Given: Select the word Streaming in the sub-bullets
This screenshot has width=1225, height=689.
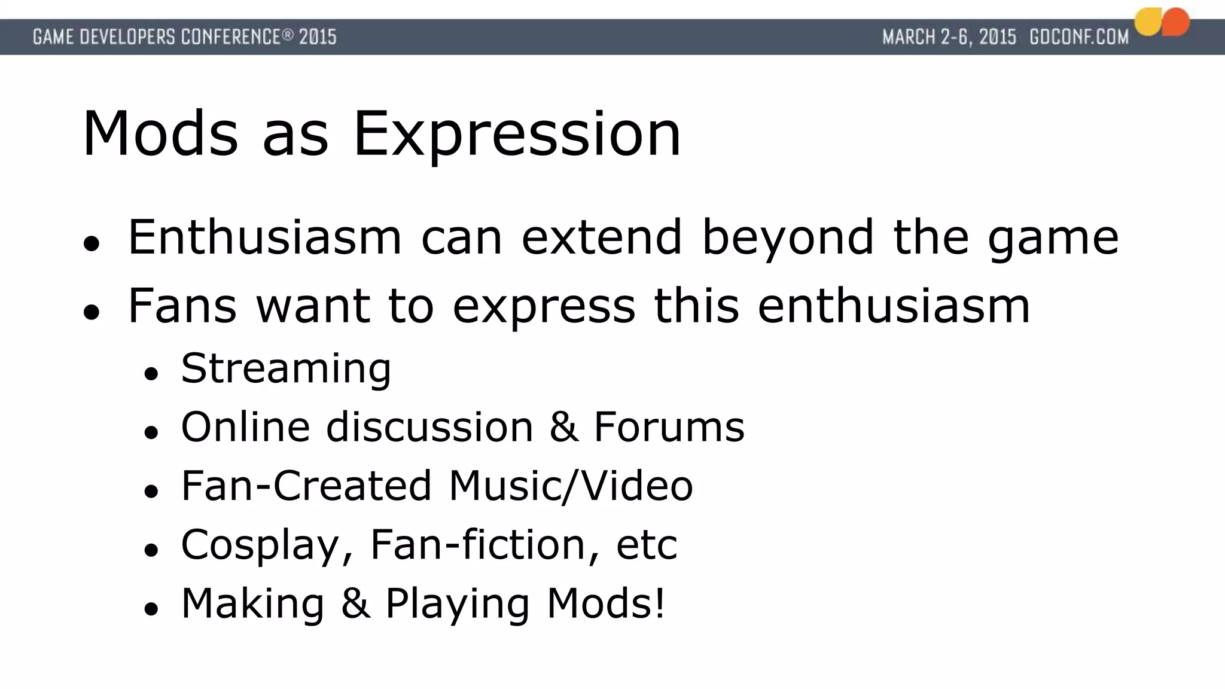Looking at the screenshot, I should [x=286, y=368].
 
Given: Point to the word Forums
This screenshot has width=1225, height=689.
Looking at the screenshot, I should [x=669, y=427].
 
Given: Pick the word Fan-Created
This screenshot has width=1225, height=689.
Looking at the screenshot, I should [x=306, y=486].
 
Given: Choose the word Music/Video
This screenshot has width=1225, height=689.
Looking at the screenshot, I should [x=571, y=486].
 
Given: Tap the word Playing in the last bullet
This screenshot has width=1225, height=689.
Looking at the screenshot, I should [x=457, y=603].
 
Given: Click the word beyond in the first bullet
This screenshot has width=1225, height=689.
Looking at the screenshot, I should [x=788, y=237].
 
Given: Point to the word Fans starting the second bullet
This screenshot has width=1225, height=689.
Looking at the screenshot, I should [x=182, y=306].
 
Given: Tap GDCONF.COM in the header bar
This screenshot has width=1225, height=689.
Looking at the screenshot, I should [x=1078, y=37].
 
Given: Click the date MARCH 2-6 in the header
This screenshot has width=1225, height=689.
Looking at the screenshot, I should [x=928, y=37].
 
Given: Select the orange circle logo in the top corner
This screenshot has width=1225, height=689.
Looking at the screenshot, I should [x=1175, y=22].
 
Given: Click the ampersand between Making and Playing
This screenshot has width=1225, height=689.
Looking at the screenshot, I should [x=355, y=603].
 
